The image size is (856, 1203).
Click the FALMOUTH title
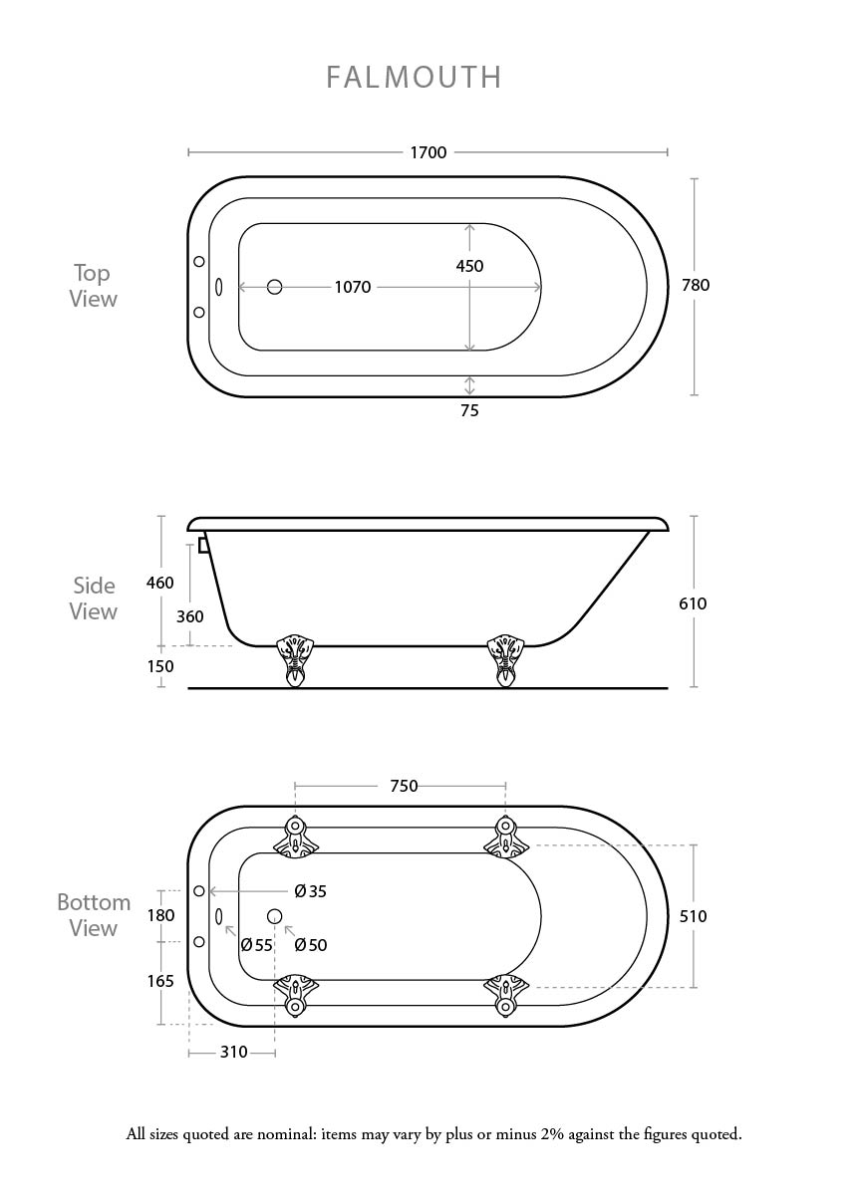coord(414,77)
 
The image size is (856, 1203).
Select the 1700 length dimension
coord(428,152)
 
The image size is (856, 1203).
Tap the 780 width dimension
coord(696,285)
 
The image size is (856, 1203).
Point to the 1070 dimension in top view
coord(353,288)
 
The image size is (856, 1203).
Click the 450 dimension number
coord(469,266)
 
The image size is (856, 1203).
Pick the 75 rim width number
coord(469,410)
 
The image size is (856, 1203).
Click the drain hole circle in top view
coord(275,288)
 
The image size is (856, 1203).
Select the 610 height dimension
coord(693,603)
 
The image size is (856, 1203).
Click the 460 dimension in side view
coord(160,583)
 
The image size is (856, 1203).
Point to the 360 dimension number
coord(190,616)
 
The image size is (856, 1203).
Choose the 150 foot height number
coord(160,666)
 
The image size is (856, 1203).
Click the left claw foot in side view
coord(295,661)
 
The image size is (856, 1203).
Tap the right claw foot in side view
coord(505,661)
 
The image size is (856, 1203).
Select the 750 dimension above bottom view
coord(404,786)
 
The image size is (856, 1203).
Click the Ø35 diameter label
coord(311,891)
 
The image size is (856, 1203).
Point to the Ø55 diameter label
coord(257,945)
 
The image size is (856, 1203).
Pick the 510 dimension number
coord(694,916)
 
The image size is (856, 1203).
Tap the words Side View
coord(94,599)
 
